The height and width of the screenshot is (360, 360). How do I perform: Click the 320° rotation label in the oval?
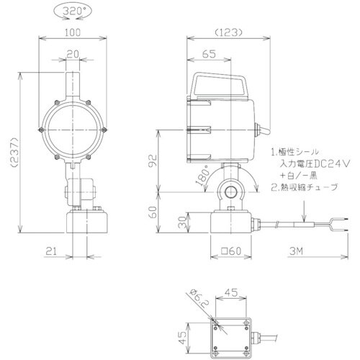point(73,12)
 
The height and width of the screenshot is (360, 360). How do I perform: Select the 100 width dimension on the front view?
point(73,32)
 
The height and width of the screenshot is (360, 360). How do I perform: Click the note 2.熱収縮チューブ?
point(305,187)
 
